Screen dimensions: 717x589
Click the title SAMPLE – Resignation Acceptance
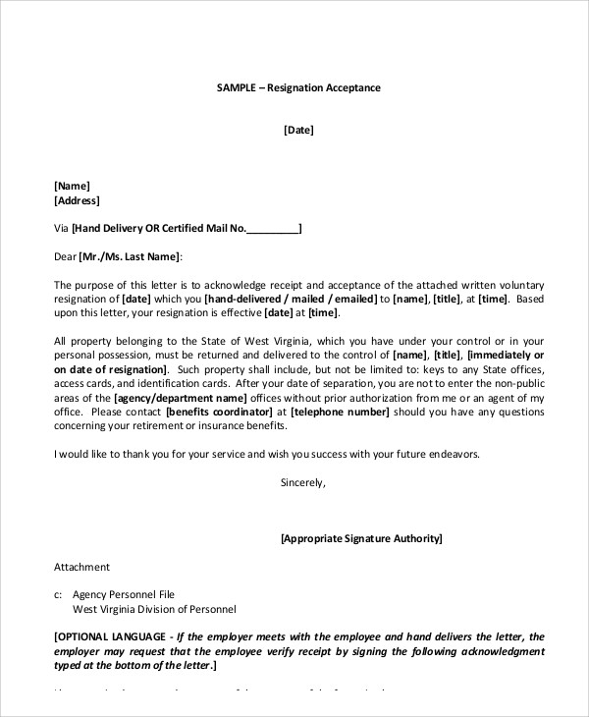pos(297,87)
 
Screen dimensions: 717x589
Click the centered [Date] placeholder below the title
pos(298,130)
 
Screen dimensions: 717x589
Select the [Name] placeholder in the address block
pos(72,186)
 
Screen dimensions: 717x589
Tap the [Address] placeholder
pos(77,200)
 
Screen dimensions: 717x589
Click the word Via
pos(61,229)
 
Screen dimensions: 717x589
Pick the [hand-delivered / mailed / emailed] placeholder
pos(292,300)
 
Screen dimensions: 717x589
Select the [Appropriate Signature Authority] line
pos(360,539)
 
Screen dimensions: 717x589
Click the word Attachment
pos(81,567)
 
